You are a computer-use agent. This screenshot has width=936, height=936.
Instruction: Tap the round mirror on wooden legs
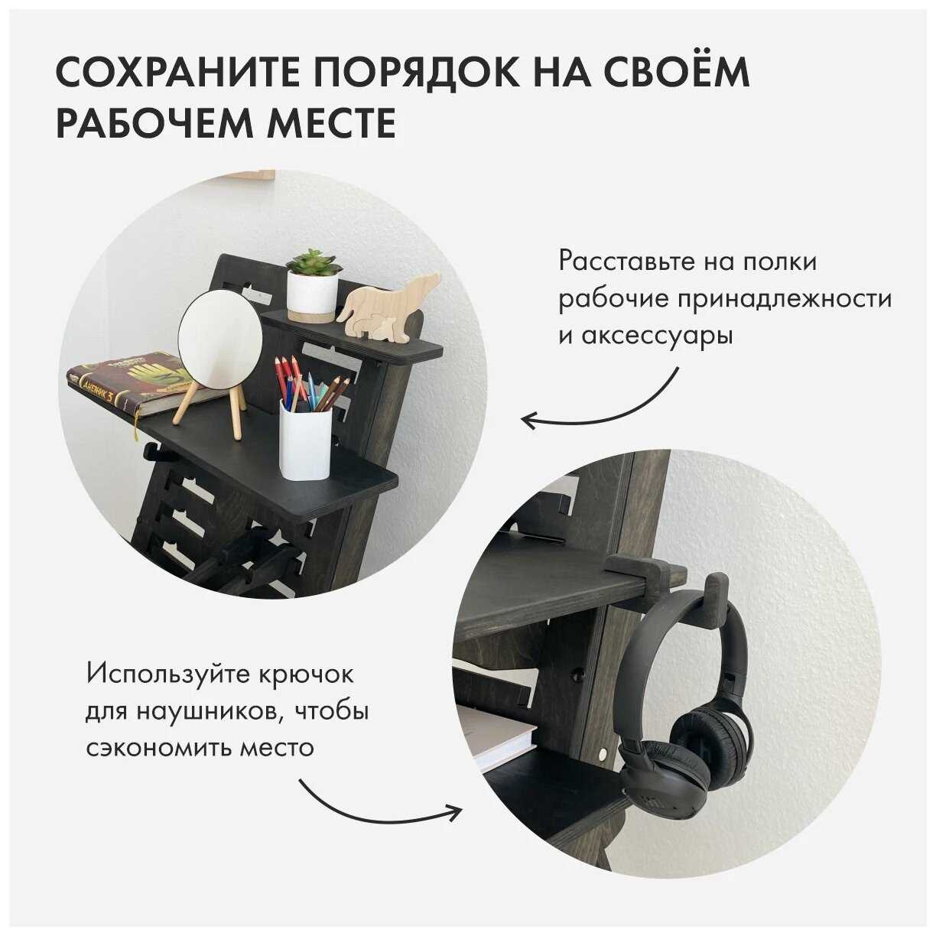click(219, 355)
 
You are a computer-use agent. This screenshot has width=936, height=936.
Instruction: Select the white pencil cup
click(306, 439)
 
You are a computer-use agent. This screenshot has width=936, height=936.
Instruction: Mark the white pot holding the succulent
click(312, 296)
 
